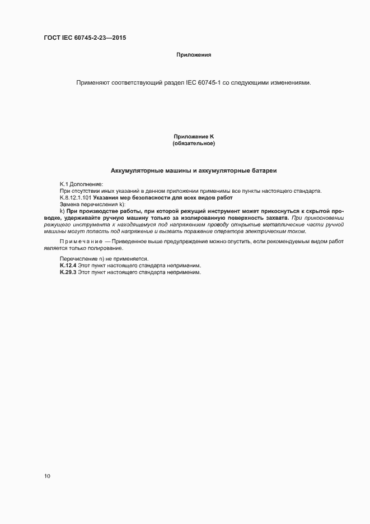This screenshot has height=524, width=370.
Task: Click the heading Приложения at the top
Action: point(193,55)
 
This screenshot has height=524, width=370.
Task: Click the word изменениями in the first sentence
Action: point(287,83)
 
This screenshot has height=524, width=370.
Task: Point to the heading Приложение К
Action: point(194,137)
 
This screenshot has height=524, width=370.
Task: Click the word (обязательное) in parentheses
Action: point(194,143)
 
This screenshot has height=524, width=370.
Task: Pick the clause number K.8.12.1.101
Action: point(76,198)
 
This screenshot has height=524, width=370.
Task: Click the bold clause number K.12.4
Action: point(68,265)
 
